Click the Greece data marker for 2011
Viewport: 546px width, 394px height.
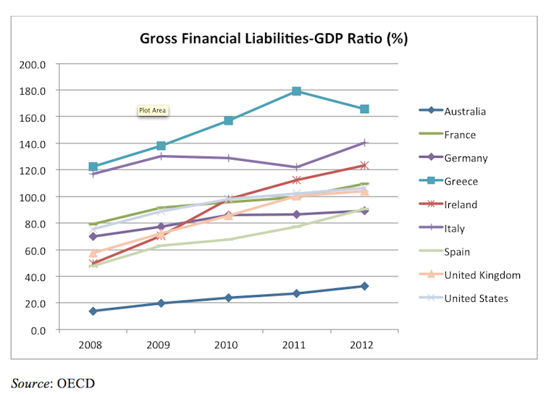tap(297, 91)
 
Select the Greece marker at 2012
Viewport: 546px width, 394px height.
tap(365, 109)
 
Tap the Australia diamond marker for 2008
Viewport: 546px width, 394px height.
tap(93, 311)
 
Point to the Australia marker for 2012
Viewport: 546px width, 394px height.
tap(365, 286)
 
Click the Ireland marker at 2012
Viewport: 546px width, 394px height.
tap(365, 166)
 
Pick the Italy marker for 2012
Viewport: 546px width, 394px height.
tap(365, 143)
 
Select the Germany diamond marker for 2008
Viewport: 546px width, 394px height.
tap(93, 236)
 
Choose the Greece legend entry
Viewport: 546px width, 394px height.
tap(461, 181)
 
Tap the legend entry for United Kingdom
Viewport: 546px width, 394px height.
tap(482, 274)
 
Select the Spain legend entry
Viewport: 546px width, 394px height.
tap(458, 251)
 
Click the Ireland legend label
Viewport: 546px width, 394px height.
tap(461, 205)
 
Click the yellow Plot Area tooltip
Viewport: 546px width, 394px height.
tap(153, 111)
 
